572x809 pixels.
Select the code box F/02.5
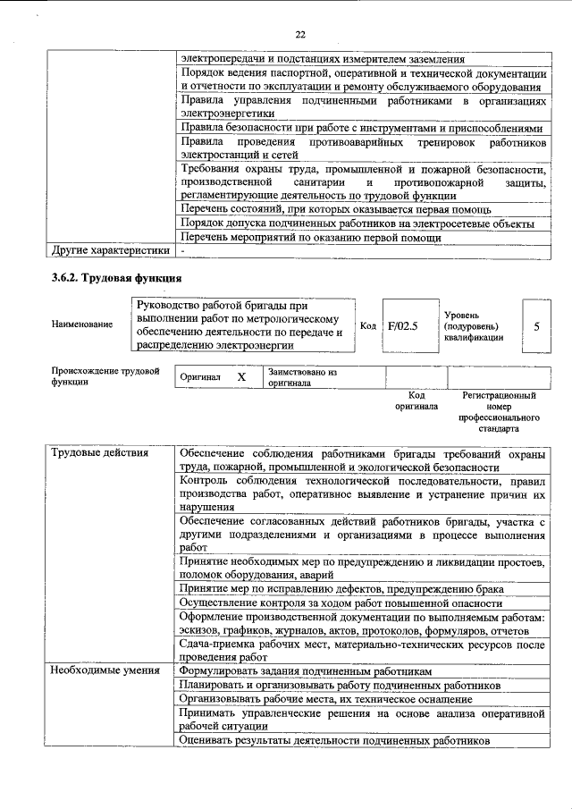[403, 325]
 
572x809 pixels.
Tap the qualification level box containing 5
[536, 326]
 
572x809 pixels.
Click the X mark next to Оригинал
[241, 377]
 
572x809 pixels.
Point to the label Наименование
[82, 324]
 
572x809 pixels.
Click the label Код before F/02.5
[367, 325]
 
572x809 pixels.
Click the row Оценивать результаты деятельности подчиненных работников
[334, 741]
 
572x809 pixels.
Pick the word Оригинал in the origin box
[200, 377]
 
